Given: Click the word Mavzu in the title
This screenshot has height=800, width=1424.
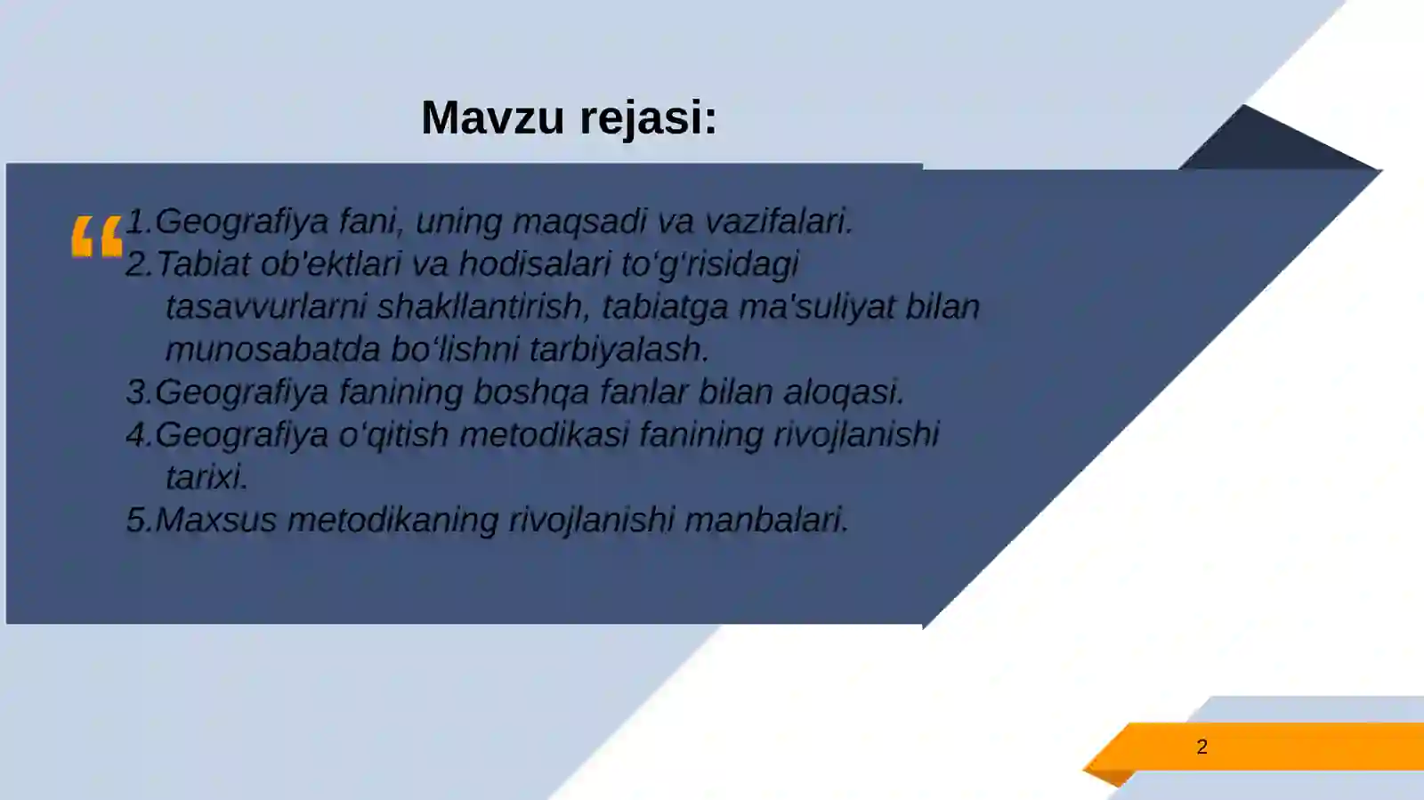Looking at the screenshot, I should tap(492, 117).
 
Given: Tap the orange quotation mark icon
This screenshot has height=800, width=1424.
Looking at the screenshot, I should tap(96, 237).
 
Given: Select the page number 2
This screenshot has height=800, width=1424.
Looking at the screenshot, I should tap(1201, 747).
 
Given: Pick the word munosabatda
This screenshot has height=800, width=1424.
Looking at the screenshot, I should tap(273, 350).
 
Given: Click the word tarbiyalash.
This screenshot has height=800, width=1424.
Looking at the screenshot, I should tap(619, 350).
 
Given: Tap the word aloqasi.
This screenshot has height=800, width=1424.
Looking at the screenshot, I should tap(844, 392).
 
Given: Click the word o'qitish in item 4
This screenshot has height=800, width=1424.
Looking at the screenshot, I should tap(394, 435).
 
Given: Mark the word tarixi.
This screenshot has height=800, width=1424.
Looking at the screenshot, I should tap(206, 478).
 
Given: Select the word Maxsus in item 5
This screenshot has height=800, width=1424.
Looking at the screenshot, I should tap(216, 520).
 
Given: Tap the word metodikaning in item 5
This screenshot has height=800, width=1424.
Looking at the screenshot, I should tap(392, 520).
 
